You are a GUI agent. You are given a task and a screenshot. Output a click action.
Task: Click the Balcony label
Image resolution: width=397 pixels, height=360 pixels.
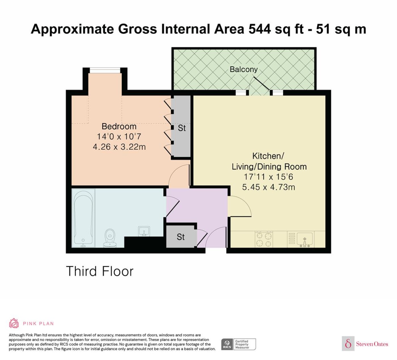[x=243, y=69]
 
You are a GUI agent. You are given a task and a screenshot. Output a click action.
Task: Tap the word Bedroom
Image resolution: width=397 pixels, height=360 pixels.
[x=119, y=126]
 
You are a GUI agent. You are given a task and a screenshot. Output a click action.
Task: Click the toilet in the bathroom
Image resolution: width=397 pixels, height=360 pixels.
[x=110, y=238]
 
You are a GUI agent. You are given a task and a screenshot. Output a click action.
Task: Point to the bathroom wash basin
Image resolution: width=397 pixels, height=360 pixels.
[x=144, y=231]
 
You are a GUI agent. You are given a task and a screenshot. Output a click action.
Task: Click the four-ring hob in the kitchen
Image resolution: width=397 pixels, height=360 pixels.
[x=264, y=239]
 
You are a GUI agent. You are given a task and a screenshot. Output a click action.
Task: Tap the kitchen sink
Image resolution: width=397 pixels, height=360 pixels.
[x=305, y=240]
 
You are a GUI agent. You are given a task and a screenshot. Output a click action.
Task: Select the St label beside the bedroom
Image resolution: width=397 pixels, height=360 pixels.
[x=182, y=128]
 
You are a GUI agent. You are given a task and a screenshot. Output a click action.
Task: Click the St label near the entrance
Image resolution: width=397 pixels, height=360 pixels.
[x=180, y=237]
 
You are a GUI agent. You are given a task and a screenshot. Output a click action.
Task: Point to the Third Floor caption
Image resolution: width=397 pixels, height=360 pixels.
[x=100, y=271]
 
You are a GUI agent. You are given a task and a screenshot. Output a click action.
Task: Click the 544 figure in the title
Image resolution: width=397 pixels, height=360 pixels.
[x=259, y=29]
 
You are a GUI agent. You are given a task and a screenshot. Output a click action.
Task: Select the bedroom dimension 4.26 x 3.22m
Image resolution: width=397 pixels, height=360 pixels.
[x=119, y=147]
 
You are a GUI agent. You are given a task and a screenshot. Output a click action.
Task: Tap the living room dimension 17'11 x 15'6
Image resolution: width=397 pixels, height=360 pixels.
[x=268, y=177]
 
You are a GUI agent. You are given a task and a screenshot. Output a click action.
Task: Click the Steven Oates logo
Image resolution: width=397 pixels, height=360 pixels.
[x=365, y=344]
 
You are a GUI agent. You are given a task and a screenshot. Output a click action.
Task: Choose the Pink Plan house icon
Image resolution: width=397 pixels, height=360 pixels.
[x=14, y=323]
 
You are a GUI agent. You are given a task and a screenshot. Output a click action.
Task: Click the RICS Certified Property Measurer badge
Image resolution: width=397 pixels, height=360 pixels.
[x=238, y=344]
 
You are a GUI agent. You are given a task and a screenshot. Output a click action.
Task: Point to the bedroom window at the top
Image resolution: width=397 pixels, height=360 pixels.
[x=105, y=71]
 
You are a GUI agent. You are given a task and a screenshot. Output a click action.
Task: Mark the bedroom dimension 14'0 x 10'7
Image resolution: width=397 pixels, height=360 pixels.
[x=119, y=137]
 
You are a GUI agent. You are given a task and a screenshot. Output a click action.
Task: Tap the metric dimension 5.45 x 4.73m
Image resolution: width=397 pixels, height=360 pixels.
[x=269, y=187]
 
